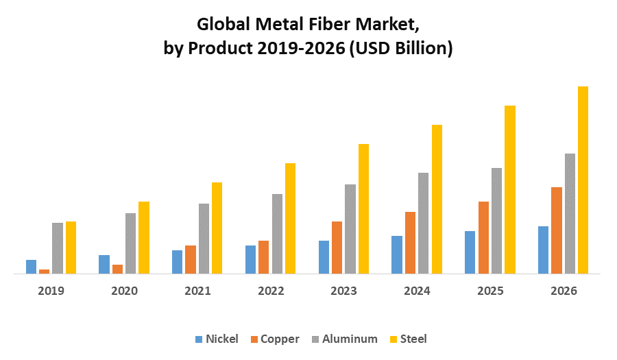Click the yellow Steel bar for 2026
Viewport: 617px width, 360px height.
click(x=583, y=180)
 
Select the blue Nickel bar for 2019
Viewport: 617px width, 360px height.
click(x=31, y=267)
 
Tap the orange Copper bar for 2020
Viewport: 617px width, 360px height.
click(x=117, y=269)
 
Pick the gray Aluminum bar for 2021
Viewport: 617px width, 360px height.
click(x=204, y=239)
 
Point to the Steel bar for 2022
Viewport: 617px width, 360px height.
click(x=290, y=218)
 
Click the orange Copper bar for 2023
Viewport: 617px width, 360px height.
click(x=337, y=248)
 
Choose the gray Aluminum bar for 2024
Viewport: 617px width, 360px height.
click(x=423, y=223)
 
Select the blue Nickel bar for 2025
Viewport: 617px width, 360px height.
click(x=470, y=252)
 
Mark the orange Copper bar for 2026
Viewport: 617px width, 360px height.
click(x=556, y=230)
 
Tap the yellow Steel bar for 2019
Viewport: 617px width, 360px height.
click(x=71, y=248)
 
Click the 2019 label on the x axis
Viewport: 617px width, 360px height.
click(x=51, y=291)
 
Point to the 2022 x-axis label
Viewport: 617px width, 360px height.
click(x=271, y=291)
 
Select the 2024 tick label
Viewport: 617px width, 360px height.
click(x=417, y=291)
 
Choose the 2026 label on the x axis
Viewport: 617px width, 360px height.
click(x=564, y=291)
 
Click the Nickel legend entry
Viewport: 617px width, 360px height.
click(x=217, y=339)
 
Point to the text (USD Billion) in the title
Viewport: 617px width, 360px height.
click(x=400, y=49)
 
